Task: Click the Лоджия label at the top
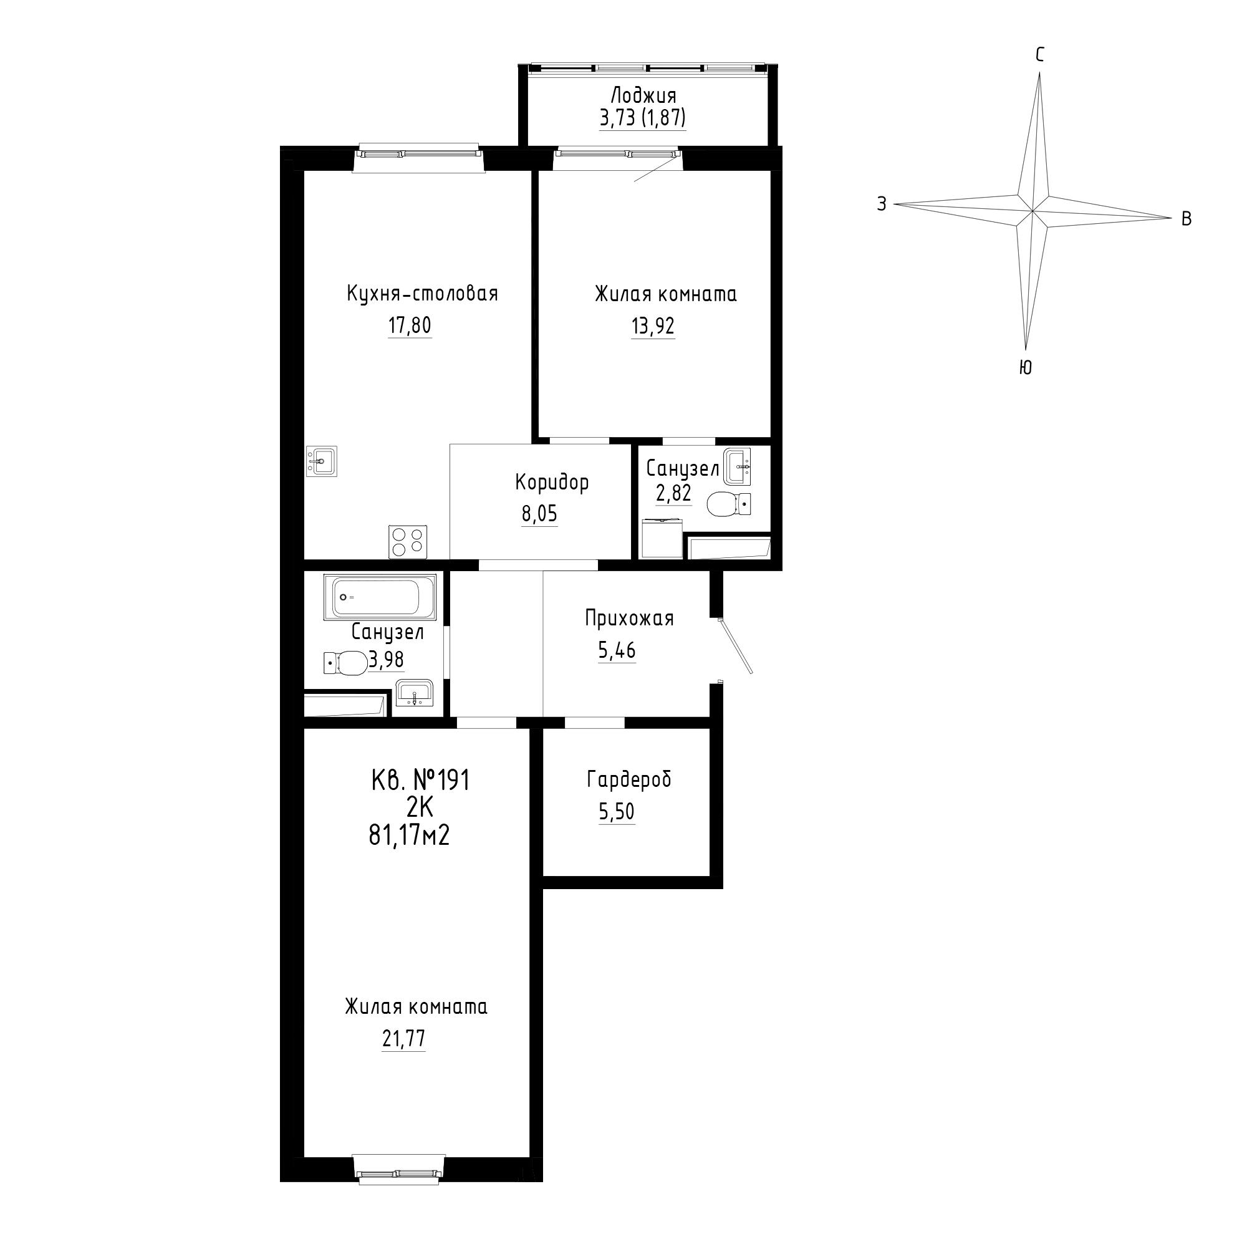(643, 96)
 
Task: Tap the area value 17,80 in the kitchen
(409, 326)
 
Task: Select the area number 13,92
(653, 327)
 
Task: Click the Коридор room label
(552, 482)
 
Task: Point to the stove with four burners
(407, 541)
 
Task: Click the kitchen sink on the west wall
(320, 461)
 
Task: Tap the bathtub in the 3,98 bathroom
(383, 597)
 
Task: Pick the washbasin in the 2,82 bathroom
(738, 466)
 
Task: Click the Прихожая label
(629, 619)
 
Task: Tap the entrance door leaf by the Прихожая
(736, 646)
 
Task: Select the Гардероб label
(629, 780)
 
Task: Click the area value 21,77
(403, 1039)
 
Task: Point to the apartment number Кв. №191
(420, 781)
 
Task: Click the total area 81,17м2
(409, 836)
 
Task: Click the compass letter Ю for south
(1025, 367)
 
